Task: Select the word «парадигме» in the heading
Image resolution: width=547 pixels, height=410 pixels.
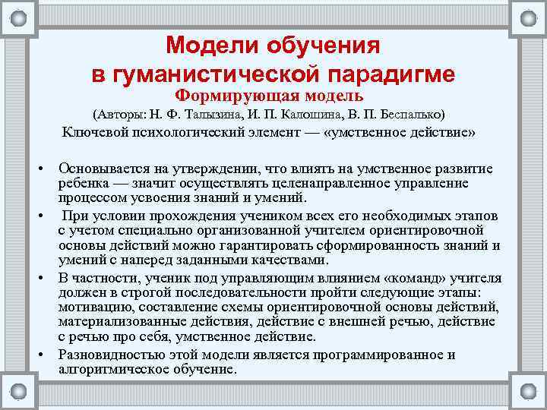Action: [393, 74]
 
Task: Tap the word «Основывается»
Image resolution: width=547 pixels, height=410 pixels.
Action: [103, 169]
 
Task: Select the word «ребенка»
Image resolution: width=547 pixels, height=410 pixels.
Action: [84, 183]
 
